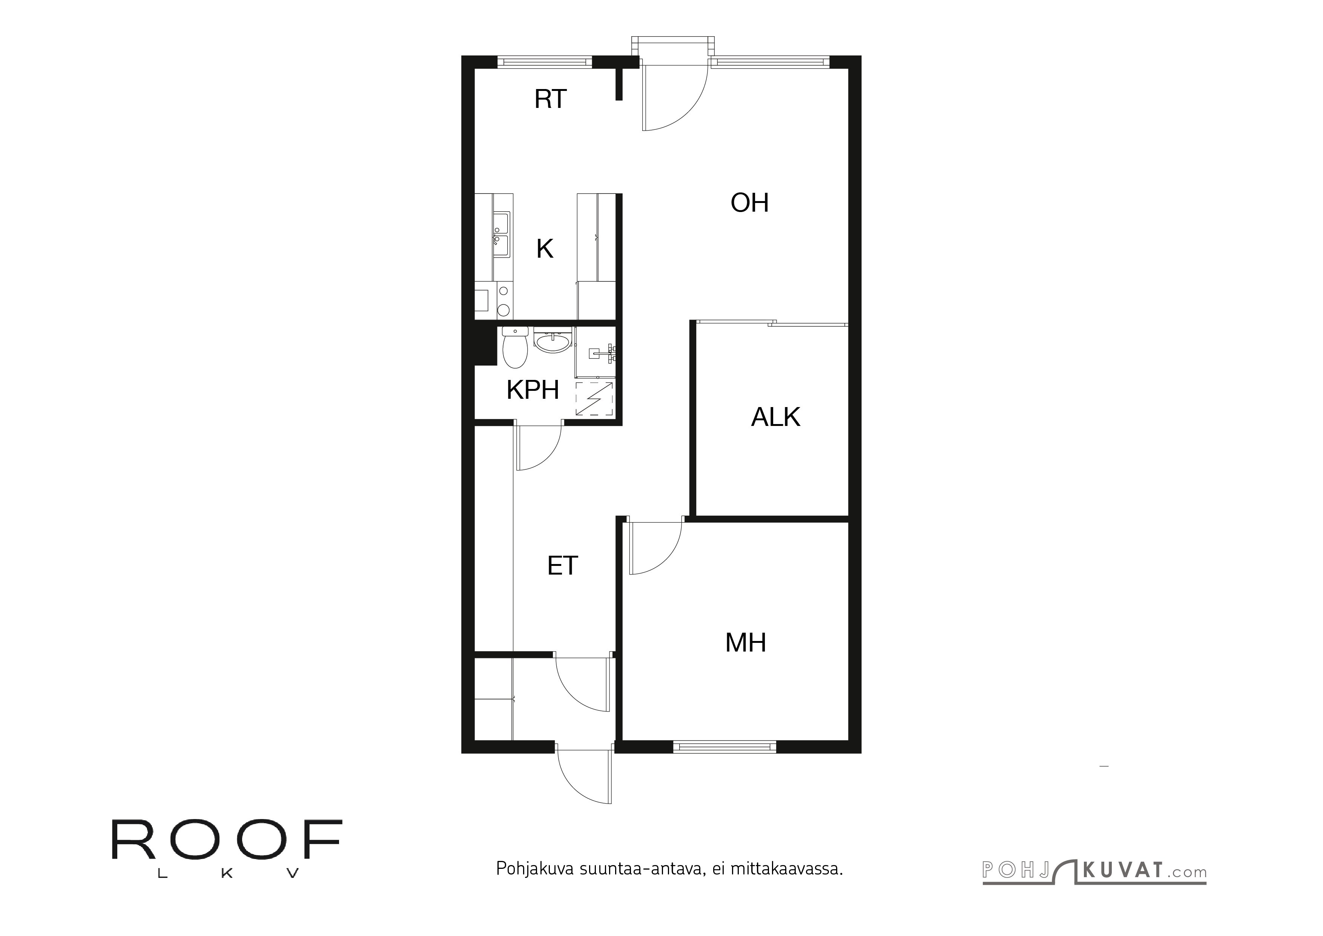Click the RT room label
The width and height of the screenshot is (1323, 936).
550,99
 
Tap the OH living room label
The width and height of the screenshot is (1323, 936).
749,203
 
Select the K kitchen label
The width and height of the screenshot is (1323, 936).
545,249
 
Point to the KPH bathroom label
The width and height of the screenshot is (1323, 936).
533,390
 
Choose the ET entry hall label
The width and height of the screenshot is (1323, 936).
562,566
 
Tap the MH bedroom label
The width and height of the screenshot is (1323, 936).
745,642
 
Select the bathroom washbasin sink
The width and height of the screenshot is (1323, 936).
553,341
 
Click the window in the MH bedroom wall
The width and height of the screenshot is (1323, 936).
724,747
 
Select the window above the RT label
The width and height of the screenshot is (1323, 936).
545,61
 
